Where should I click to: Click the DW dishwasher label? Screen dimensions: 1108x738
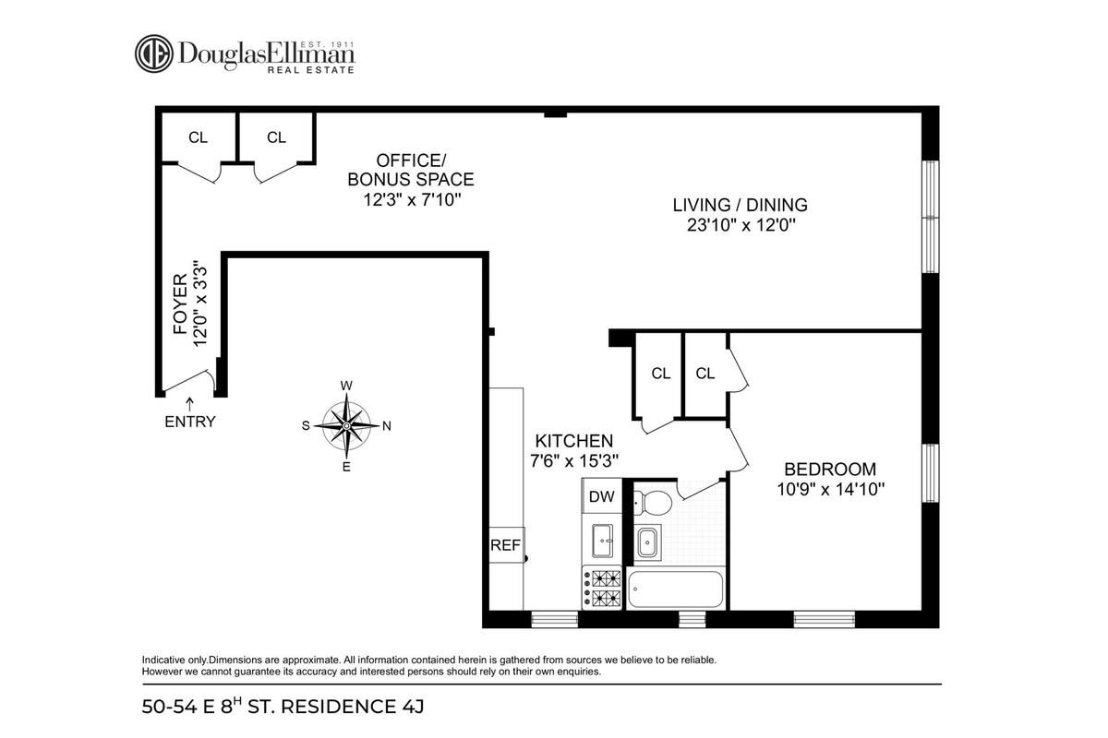click(601, 496)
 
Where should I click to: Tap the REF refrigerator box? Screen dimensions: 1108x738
click(507, 544)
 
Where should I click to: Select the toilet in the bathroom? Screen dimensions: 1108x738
click(653, 503)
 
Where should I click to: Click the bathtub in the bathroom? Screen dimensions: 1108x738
click(675, 589)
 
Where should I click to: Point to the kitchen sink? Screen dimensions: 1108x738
click(602, 541)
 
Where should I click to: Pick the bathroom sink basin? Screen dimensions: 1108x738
click(648, 543)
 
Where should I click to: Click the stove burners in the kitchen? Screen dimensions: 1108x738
click(602, 588)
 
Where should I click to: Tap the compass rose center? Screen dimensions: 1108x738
click(346, 425)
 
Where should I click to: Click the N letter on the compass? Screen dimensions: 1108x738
click(387, 425)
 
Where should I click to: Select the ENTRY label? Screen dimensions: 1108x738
click(190, 422)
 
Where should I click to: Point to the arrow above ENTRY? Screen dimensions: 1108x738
click(189, 403)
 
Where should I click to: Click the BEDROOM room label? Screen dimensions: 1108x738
click(830, 469)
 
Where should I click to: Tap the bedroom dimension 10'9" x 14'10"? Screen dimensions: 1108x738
click(830, 489)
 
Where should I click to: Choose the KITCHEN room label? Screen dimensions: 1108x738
click(573, 440)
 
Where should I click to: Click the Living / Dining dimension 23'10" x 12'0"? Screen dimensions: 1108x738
click(741, 225)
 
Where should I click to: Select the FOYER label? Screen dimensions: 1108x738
click(181, 304)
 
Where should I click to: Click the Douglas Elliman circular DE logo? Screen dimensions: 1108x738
click(154, 54)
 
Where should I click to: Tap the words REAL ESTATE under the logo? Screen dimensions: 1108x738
click(311, 70)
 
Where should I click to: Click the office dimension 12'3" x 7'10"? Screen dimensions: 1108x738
click(412, 199)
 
